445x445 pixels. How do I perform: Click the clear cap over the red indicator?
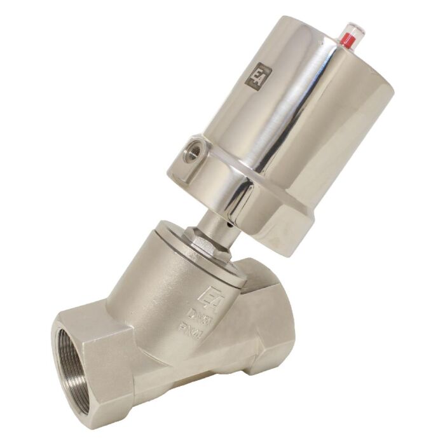point(350,27)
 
